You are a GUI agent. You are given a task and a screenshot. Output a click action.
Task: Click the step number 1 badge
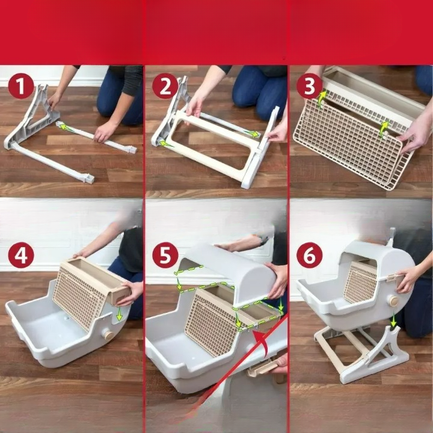[21, 86]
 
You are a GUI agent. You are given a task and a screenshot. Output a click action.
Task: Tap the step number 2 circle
[165, 86]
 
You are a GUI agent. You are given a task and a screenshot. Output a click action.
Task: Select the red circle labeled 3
[310, 86]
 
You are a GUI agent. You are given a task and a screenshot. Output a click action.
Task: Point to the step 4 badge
[21, 255]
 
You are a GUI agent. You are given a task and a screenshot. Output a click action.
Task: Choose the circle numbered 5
[165, 255]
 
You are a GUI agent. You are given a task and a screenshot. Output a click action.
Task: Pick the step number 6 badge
[310, 255]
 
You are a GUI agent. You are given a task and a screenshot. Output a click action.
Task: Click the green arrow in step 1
[66, 127]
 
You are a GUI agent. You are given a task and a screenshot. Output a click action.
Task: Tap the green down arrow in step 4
[119, 314]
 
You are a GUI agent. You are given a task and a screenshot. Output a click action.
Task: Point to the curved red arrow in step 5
[263, 342]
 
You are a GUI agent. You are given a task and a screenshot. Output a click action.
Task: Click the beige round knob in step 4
[108, 335]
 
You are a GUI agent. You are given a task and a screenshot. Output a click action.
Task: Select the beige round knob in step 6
[393, 301]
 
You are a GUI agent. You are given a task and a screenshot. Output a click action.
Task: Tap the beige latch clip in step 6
[392, 277]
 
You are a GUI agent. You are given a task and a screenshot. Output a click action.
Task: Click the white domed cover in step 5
[235, 272]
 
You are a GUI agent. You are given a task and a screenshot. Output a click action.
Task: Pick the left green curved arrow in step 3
[321, 99]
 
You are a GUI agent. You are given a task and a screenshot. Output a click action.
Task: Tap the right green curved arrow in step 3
[384, 129]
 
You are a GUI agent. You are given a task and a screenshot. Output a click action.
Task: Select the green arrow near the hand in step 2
[252, 134]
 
